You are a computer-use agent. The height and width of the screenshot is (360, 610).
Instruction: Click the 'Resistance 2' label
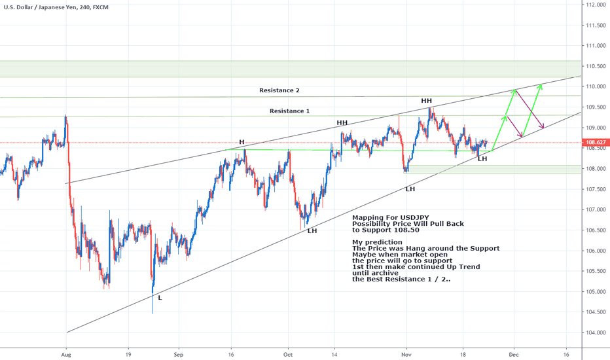[279, 90]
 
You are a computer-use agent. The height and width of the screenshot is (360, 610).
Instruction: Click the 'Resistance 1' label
[290, 111]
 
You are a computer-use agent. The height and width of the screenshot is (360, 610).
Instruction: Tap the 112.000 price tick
[594, 5]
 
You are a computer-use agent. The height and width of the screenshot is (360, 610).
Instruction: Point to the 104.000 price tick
[594, 333]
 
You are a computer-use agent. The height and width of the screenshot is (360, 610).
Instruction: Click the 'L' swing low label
[160, 297]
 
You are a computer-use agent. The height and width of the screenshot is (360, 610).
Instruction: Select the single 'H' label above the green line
[242, 142]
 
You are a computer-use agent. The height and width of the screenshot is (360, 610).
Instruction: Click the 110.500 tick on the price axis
[594, 66]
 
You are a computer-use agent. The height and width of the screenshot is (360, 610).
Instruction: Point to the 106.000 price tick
[594, 251]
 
